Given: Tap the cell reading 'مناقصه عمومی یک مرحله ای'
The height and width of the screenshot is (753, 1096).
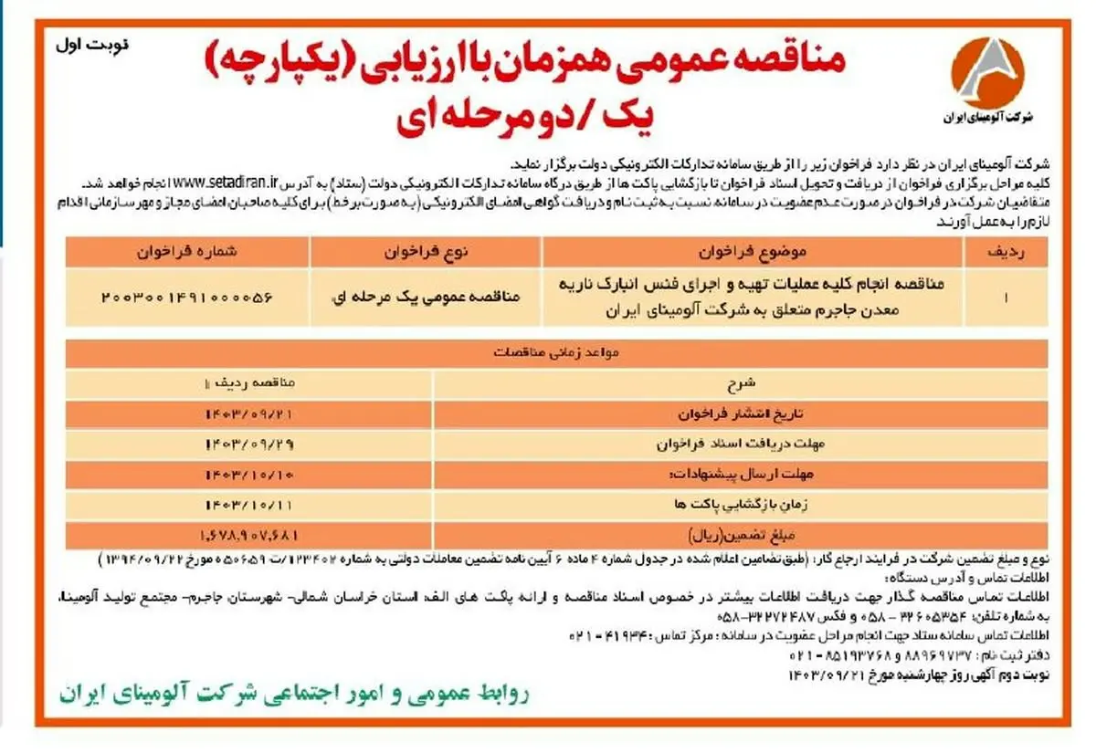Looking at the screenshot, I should (427, 297).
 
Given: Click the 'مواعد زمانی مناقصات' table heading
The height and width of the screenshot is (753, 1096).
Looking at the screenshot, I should (556, 350).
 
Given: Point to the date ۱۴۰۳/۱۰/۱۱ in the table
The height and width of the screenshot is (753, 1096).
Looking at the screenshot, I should (251, 504).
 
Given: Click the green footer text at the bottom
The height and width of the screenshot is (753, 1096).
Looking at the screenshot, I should (296, 695).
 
